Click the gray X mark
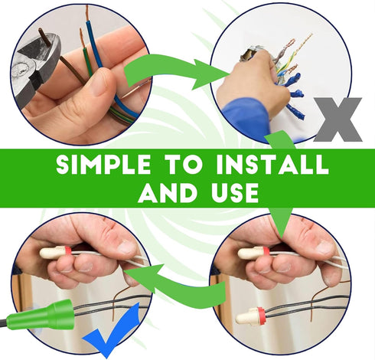click(x=337, y=119)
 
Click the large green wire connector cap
click(x=41, y=316)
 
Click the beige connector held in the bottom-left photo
click(x=55, y=252)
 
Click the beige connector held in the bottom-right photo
click(x=254, y=253)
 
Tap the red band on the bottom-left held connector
click(x=68, y=251)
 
